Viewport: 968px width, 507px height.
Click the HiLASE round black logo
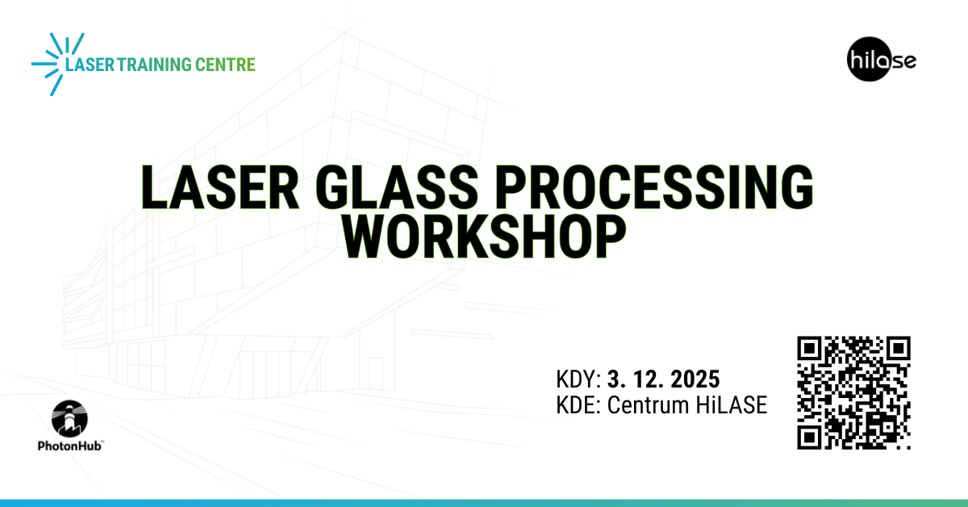868,61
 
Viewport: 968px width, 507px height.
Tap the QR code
853,392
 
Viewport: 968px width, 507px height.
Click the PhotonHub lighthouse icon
69,418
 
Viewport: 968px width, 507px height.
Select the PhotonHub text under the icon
69,445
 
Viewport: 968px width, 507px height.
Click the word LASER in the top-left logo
90,65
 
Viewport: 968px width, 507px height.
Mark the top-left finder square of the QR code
811,350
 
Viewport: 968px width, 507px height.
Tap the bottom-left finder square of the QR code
811,436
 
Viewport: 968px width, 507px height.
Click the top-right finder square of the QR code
897,350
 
